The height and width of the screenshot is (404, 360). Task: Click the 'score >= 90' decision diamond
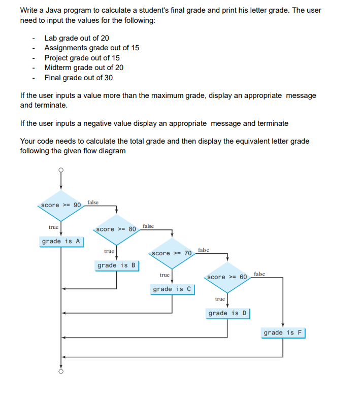click(x=61, y=205)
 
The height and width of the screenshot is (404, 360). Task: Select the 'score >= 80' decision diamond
click(x=116, y=229)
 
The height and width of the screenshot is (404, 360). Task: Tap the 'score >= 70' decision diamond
click(x=172, y=253)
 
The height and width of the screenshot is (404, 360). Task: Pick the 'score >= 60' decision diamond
click(x=227, y=277)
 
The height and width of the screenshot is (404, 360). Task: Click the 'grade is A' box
click(x=61, y=241)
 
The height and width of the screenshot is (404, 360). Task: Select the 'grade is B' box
click(x=117, y=265)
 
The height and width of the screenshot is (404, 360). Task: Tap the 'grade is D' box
click(x=227, y=313)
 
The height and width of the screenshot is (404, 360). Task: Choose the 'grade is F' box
click(x=283, y=332)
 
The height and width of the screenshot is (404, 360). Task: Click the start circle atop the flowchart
click(x=61, y=170)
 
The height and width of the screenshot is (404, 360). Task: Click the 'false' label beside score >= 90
click(x=93, y=202)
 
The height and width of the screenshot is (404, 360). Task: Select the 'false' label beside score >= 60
click(x=259, y=274)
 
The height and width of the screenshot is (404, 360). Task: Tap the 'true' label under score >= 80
click(x=109, y=251)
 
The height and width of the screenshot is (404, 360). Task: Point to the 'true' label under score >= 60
click(x=219, y=299)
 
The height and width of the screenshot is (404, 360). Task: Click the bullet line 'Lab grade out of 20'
click(x=77, y=38)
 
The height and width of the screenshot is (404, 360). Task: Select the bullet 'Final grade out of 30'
click(x=79, y=78)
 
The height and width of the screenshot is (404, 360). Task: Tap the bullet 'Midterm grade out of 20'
click(x=84, y=68)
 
